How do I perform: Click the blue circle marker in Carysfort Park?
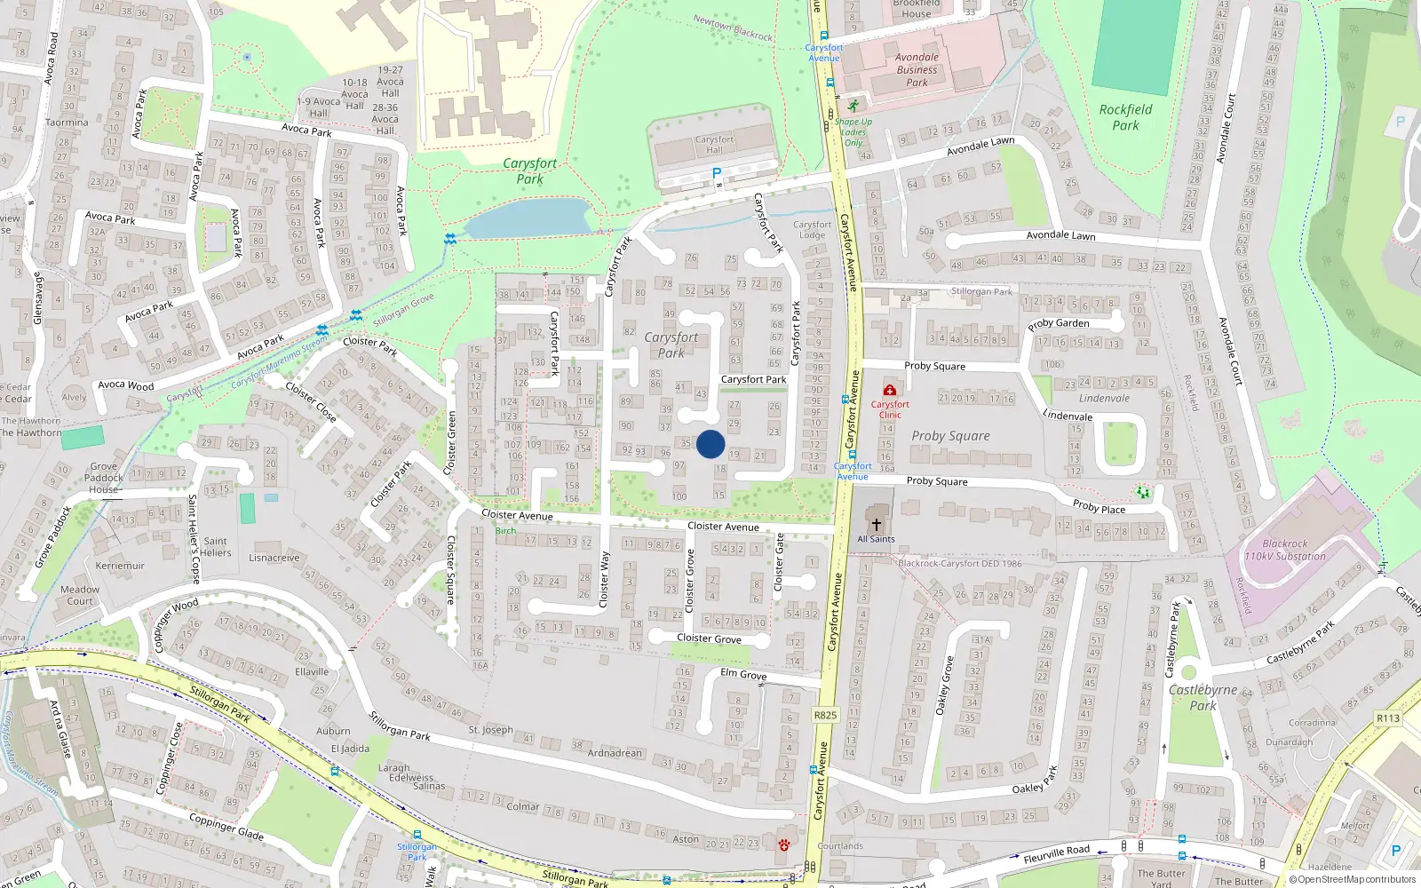pos(710,444)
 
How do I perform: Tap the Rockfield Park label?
pos(1125,117)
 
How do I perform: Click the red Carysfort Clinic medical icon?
pos(889,391)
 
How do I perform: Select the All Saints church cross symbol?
pos(876,525)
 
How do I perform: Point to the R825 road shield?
pos(825,715)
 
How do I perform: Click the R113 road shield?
pos(1387,718)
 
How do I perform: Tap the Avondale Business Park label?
pos(917,69)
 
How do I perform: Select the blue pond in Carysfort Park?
pos(528,217)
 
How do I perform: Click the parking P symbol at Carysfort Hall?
pos(717,173)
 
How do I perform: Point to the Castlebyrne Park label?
pos(1203,697)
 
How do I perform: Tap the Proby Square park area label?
pos(949,436)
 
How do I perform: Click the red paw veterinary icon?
pos(783,845)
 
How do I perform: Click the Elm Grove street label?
pos(743,674)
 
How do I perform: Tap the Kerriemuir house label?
pos(120,566)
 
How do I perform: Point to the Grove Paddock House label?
pos(104,478)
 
